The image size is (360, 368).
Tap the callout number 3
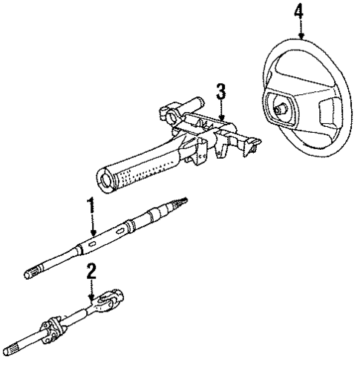220,93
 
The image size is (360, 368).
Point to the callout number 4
298,11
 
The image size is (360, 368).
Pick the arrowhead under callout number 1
93,238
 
